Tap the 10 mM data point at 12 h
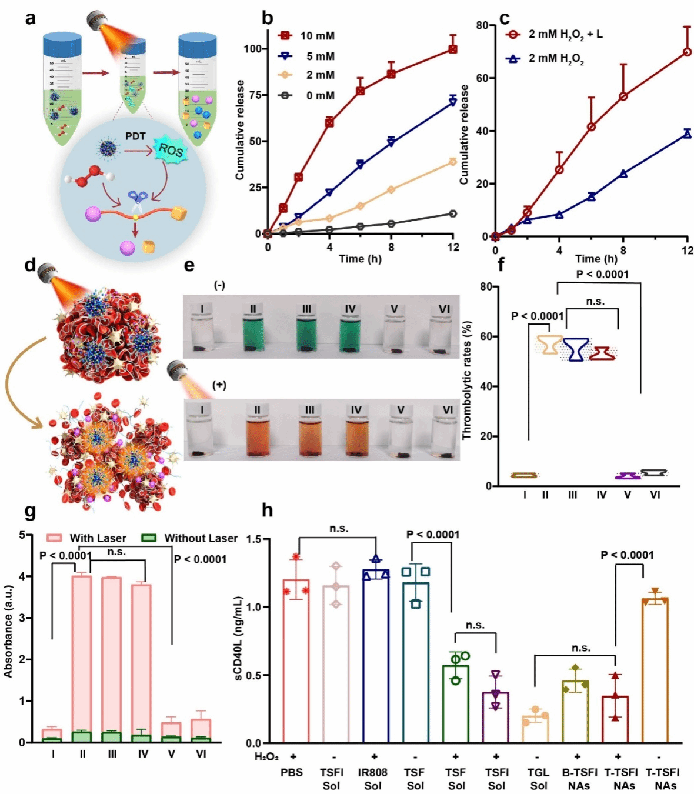[452, 49]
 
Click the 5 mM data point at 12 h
[452, 101]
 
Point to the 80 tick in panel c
[482, 25]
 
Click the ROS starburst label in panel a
[170, 150]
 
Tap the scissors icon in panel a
[138, 200]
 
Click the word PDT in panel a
[135, 136]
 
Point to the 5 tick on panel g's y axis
[22, 535]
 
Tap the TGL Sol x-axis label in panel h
[538, 779]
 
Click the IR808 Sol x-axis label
[373, 779]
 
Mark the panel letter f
[501, 265]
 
